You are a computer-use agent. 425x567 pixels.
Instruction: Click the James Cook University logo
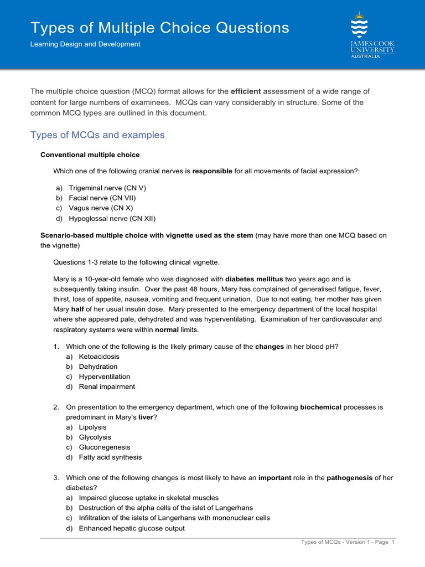click(372, 34)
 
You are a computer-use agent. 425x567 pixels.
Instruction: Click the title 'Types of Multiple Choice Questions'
click(159, 28)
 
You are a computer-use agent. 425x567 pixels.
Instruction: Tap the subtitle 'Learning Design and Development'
click(85, 44)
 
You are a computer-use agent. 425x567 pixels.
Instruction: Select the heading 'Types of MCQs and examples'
click(97, 135)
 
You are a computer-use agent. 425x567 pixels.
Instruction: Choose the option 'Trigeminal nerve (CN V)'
click(107, 188)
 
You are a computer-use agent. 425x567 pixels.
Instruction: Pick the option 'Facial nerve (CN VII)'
click(102, 198)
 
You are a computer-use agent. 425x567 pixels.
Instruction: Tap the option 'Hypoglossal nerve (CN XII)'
click(112, 218)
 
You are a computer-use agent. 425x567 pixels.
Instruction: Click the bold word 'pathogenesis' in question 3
click(350, 477)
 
